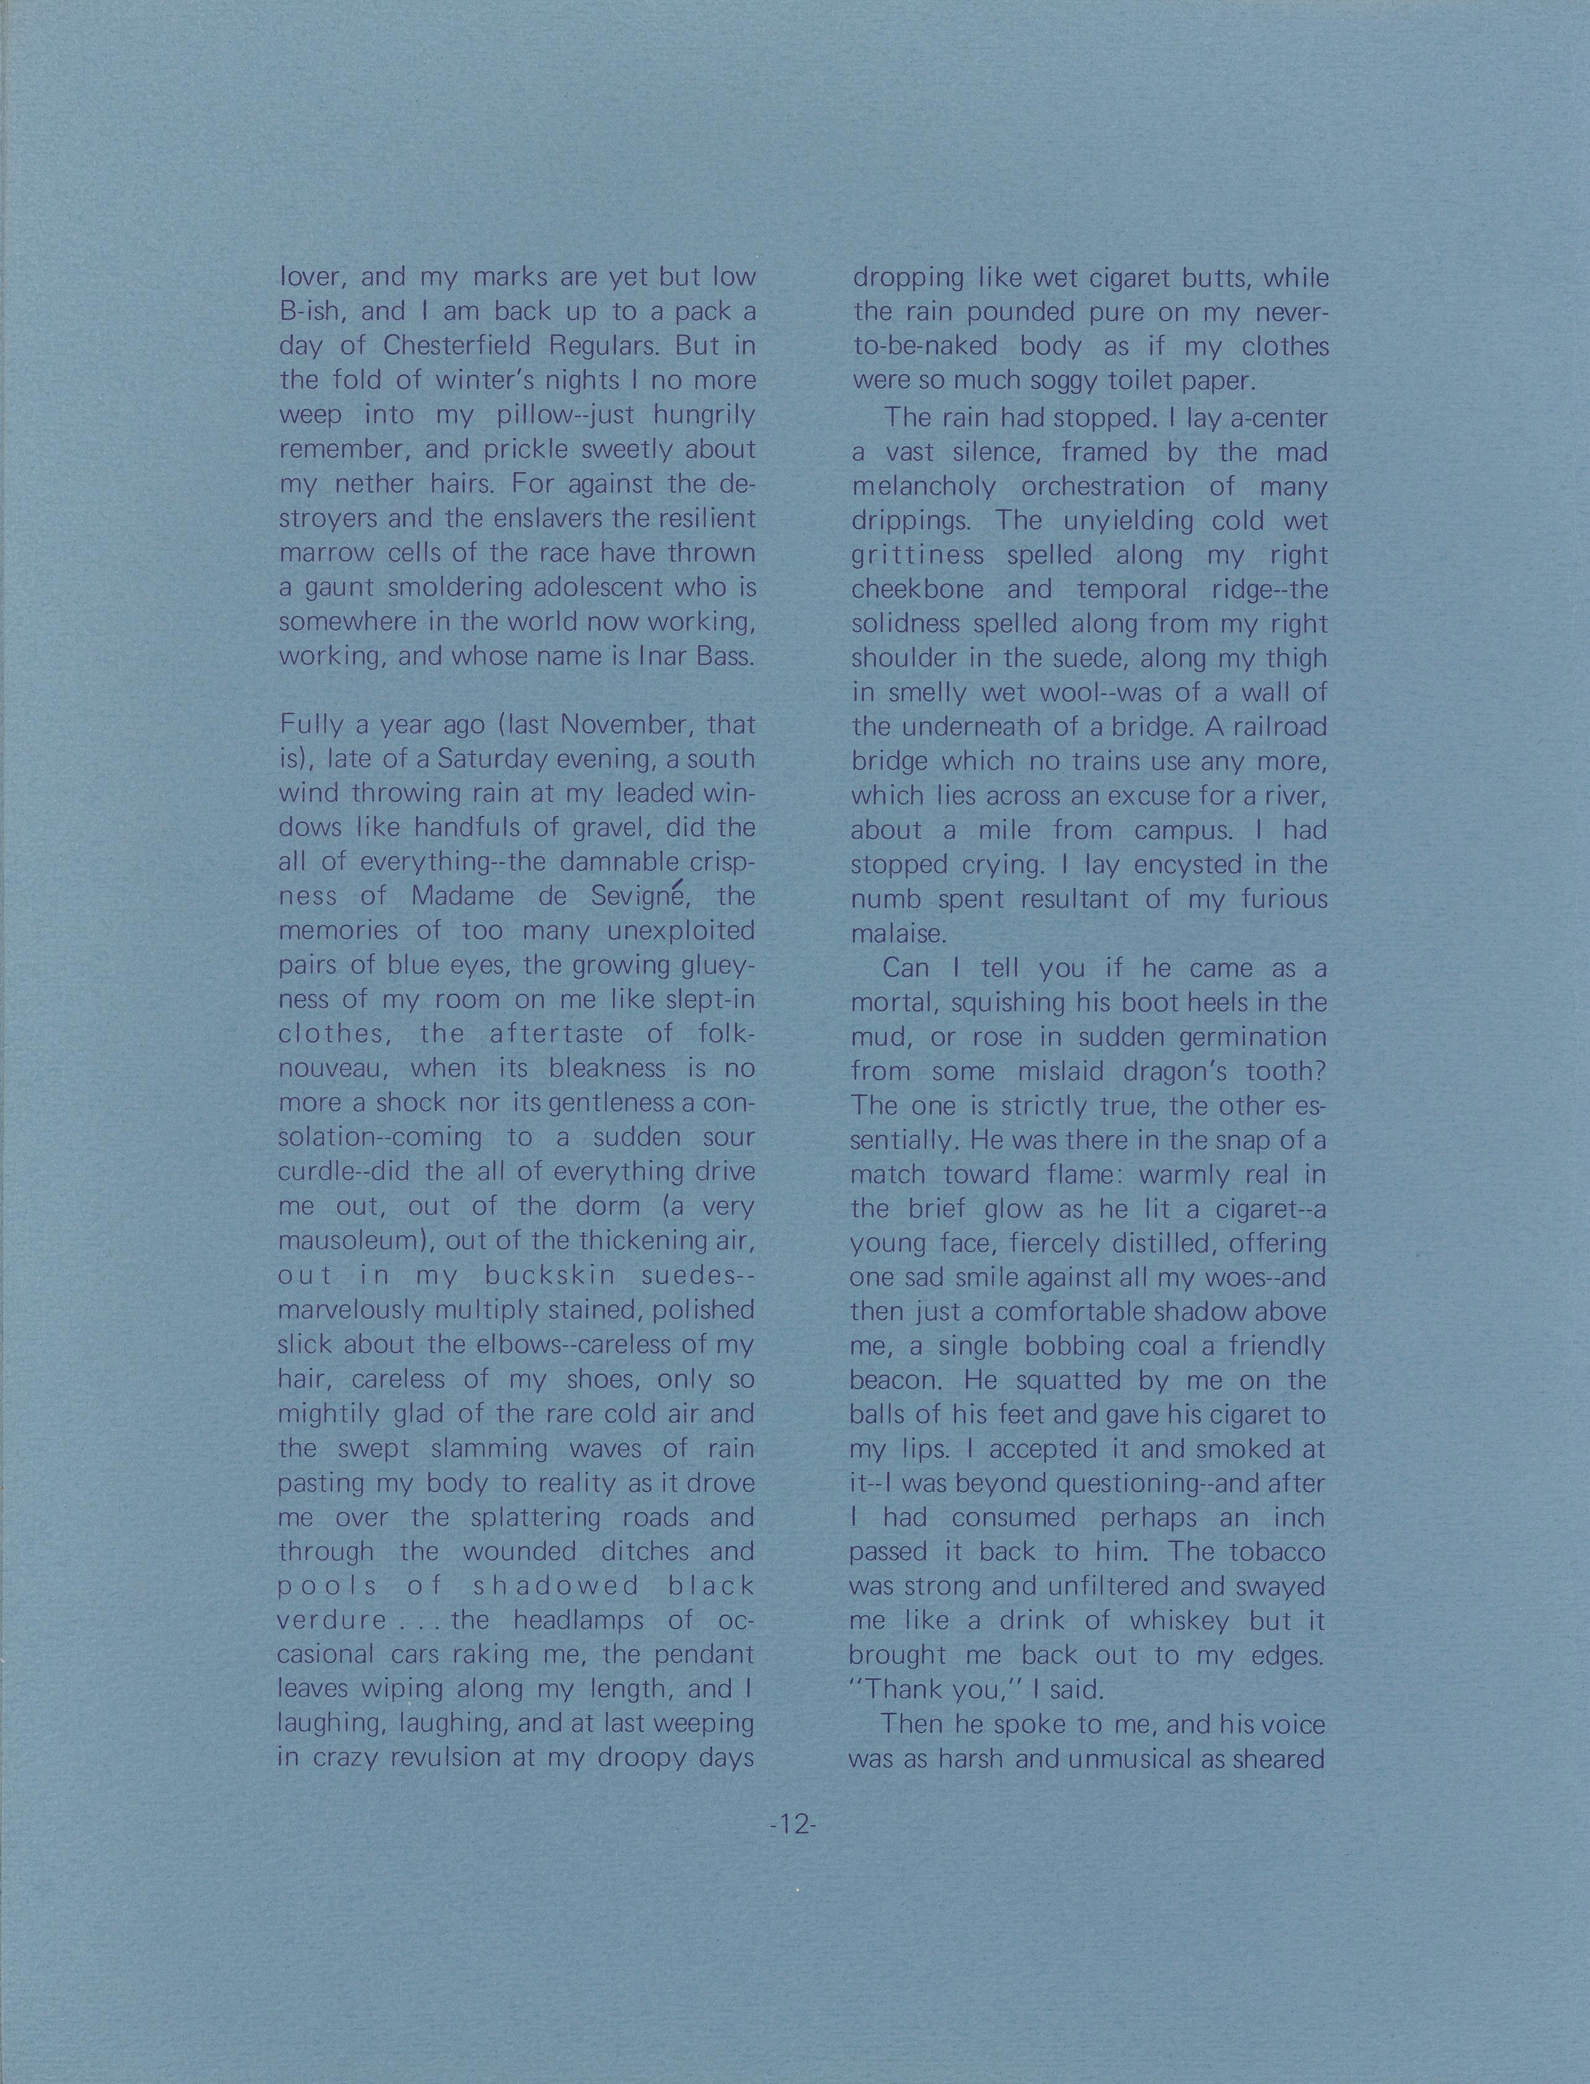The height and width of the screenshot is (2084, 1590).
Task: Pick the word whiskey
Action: click(1178, 1620)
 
